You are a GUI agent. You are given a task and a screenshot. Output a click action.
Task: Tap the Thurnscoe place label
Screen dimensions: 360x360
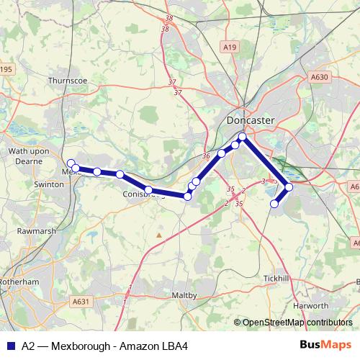pyautogui.click(x=67, y=82)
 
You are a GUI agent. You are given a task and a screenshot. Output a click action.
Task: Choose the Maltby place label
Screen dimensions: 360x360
pyautogui.click(x=185, y=296)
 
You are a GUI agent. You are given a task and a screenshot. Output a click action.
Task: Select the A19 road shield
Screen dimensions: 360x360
pyautogui.click(x=230, y=48)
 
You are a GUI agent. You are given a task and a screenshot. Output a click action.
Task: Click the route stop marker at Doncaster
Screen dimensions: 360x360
pyautogui.click(x=243, y=137)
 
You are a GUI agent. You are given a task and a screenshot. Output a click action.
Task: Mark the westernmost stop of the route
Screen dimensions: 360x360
pyautogui.click(x=71, y=163)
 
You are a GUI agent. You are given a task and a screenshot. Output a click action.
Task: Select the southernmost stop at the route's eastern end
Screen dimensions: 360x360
pyautogui.click(x=274, y=204)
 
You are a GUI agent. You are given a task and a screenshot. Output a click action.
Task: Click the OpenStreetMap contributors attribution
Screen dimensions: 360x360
pyautogui.click(x=297, y=323)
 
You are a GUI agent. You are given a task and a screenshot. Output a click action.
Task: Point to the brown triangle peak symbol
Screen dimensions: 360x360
pyautogui.click(x=159, y=234)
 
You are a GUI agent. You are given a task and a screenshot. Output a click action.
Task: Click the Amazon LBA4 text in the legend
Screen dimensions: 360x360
pyautogui.click(x=160, y=346)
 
